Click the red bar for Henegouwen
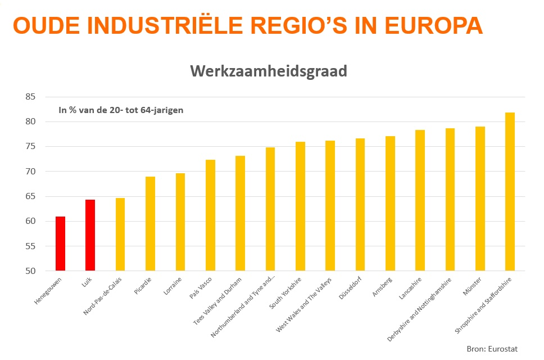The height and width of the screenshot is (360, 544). click(x=60, y=244)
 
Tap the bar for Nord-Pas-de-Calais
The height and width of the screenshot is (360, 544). click(x=120, y=234)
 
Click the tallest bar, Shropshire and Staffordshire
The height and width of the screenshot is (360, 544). click(x=510, y=191)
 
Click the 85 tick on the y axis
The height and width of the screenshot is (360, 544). click(x=30, y=97)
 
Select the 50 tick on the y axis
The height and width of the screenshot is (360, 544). click(x=30, y=271)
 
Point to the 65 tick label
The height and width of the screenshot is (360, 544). click(x=30, y=196)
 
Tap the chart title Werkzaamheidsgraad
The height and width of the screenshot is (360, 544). click(x=268, y=71)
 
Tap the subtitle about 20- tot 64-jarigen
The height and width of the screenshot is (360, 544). click(x=121, y=110)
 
